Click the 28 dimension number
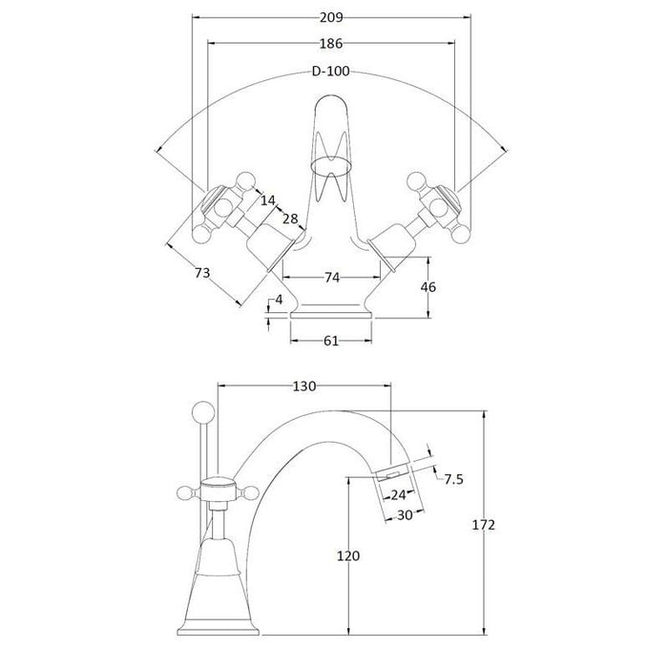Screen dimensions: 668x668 coord(290,219)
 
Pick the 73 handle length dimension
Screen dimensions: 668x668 coord(201,274)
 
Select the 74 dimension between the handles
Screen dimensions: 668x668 coord(330,278)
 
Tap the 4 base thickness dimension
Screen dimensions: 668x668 coord(279,301)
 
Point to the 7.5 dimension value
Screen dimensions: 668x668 coord(453,479)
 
